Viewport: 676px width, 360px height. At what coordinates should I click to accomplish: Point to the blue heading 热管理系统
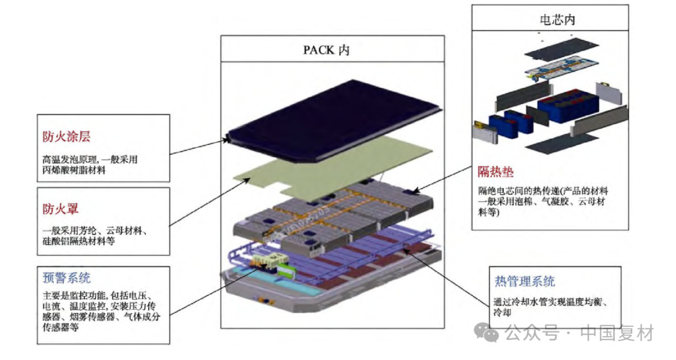click(525, 282)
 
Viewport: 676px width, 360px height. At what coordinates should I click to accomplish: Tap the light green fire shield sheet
click(338, 163)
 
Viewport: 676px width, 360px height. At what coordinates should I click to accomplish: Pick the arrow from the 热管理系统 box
click(451, 275)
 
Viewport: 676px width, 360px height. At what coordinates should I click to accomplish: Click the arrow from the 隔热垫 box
click(438, 178)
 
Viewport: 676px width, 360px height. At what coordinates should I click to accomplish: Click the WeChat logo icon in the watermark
click(487, 332)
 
